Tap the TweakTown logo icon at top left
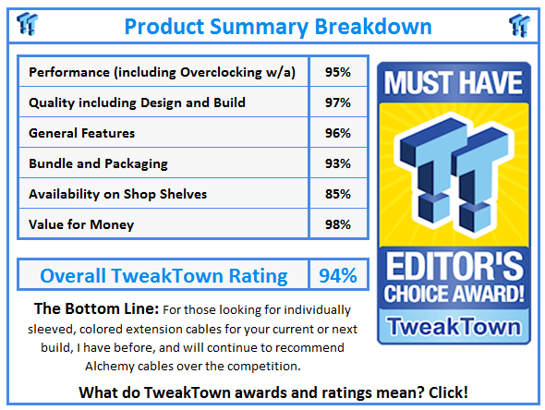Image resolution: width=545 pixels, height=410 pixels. click(28, 23)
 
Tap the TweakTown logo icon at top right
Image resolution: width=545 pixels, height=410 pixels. click(519, 23)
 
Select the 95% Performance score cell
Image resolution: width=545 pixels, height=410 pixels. click(338, 72)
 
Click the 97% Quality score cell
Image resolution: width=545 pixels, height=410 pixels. click(338, 102)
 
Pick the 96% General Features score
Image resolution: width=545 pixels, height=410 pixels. click(338, 133)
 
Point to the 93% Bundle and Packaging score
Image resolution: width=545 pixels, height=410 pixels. click(338, 163)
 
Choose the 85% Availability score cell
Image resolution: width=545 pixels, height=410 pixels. click(338, 194)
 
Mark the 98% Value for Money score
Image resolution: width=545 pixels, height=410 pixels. click(338, 224)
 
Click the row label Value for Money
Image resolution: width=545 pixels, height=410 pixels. click(81, 224)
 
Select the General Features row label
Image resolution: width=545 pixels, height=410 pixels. click(82, 133)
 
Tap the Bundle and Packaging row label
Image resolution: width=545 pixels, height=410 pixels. click(98, 163)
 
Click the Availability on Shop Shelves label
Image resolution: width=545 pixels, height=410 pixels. click(119, 194)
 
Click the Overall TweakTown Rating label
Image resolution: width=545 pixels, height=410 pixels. click(163, 275)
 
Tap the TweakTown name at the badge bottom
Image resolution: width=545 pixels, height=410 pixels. click(452, 324)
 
